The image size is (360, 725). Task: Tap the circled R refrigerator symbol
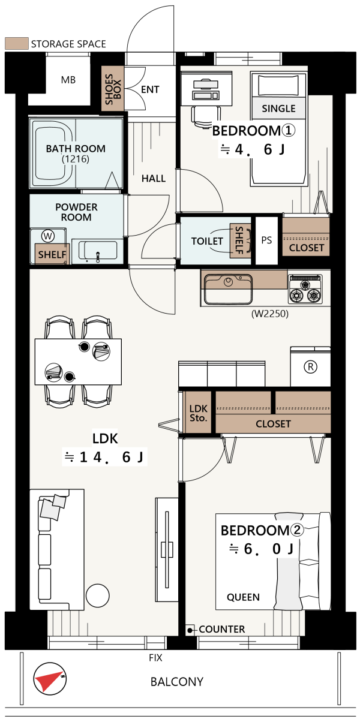pyautogui.click(x=310, y=367)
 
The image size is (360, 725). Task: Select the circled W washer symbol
pyautogui.click(x=48, y=236)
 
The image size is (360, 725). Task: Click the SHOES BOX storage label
pyautogui.click(x=113, y=89)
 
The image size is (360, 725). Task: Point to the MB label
pyautogui.click(x=68, y=80)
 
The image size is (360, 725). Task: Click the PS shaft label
pyautogui.click(x=266, y=240)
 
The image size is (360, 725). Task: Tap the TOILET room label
pyautogui.click(x=207, y=241)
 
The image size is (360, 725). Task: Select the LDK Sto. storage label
pyautogui.click(x=199, y=413)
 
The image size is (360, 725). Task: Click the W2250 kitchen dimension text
pyautogui.click(x=269, y=314)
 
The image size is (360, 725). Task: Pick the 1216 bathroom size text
pyautogui.click(x=76, y=159)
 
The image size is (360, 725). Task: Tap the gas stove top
pyautogui.click(x=305, y=288)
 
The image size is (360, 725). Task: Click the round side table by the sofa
pyautogui.click(x=97, y=595)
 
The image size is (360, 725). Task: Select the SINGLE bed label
pyautogui.click(x=278, y=109)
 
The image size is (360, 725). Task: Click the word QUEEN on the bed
pyautogui.click(x=243, y=597)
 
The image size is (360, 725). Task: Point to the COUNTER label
pyautogui.click(x=222, y=629)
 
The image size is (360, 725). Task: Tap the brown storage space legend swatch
pyautogui.click(x=17, y=44)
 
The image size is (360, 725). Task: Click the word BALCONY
pyautogui.click(x=177, y=682)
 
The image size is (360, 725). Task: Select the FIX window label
pyautogui.click(x=155, y=657)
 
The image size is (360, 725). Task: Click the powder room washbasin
pyautogui.click(x=98, y=251)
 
